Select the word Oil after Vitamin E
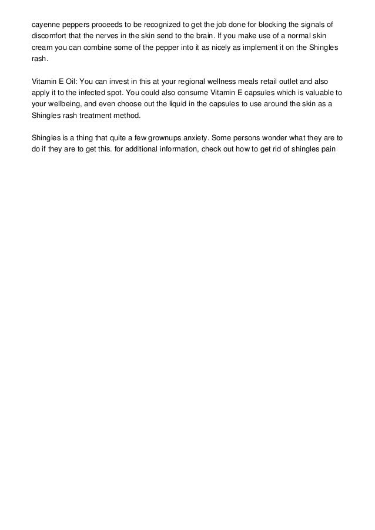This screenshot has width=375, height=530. tap(67, 82)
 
